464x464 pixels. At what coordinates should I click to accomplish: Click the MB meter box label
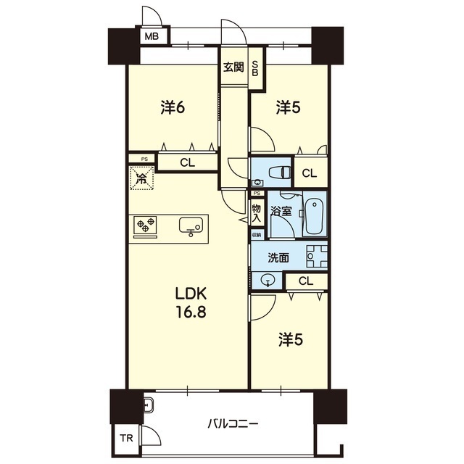click(152, 36)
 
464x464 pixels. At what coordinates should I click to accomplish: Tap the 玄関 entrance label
click(233, 67)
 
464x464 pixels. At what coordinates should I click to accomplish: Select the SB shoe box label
click(255, 68)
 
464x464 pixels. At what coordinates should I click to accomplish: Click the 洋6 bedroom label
click(173, 107)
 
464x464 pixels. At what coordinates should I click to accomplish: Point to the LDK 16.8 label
click(191, 302)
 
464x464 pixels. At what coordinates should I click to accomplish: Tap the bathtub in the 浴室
click(314, 217)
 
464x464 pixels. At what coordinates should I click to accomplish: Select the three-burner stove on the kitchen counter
click(145, 225)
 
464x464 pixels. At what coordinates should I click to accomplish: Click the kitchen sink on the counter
click(191, 225)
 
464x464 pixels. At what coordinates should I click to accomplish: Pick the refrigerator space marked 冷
click(142, 178)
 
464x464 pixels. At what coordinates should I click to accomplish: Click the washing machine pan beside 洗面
click(317, 256)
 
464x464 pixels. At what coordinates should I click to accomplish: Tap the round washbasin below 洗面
click(268, 280)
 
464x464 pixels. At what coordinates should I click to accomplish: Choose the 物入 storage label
click(256, 214)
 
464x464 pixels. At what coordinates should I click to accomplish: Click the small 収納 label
click(257, 235)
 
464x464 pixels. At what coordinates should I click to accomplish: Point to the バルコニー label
click(233, 424)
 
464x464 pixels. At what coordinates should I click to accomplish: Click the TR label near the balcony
click(127, 438)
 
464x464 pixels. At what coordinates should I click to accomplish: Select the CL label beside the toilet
click(310, 173)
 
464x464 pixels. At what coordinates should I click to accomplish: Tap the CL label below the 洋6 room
click(188, 162)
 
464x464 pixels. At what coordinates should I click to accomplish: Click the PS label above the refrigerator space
click(144, 159)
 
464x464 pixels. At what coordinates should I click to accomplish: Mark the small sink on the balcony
click(148, 405)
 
